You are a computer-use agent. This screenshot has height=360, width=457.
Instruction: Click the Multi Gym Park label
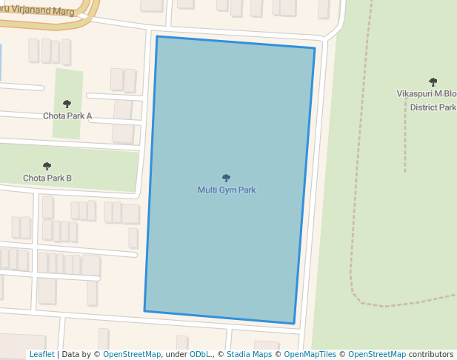coord(227,190)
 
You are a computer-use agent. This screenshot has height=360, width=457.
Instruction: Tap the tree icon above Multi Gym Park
coord(227,178)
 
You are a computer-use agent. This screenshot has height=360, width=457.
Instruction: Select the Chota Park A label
coord(67,116)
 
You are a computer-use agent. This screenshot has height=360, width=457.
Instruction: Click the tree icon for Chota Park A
coord(67,104)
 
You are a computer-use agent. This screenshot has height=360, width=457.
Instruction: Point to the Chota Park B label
coord(47,178)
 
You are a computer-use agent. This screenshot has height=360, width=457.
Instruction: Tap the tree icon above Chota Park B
coord(47,166)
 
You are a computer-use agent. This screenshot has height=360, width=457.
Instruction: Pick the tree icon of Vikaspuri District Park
coord(433,82)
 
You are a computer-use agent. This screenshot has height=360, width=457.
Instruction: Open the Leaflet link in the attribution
coord(41,355)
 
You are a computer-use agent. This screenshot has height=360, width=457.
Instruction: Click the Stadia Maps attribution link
coord(249,355)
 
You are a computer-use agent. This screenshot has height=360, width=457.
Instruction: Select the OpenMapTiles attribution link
coord(310,355)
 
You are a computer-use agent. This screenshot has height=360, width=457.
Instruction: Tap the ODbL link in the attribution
coord(201,355)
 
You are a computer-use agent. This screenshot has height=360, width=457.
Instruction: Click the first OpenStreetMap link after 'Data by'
coord(132,355)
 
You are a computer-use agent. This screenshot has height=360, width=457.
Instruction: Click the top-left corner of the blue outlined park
coord(157,36)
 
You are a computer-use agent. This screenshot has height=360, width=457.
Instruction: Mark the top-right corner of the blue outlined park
coord(315,48)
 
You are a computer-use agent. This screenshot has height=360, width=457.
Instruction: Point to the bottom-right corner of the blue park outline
coord(294,324)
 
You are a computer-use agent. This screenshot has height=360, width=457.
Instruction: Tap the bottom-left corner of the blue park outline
coord(144,310)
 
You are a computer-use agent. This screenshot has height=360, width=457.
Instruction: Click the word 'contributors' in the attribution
coord(431,355)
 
